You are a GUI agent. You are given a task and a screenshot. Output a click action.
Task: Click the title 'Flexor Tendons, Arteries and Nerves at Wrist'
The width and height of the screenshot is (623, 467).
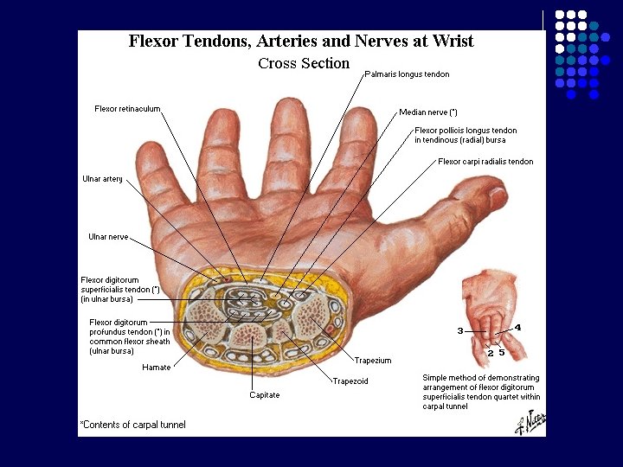click(301, 41)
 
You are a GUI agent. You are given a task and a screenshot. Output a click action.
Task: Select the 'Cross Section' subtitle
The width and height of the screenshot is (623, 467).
click(304, 63)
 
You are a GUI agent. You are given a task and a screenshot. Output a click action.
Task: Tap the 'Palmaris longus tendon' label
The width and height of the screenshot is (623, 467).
click(407, 74)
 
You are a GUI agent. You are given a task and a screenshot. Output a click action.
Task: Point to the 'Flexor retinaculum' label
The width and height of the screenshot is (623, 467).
click(127, 108)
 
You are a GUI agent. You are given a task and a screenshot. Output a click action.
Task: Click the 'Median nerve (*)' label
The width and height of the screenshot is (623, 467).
click(428, 112)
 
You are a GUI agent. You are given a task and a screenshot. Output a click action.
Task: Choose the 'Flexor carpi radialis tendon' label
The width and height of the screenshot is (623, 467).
click(485, 162)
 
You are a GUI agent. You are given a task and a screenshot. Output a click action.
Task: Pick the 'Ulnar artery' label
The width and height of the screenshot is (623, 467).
click(102, 179)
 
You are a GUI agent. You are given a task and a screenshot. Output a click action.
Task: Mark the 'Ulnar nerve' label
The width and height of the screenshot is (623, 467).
click(108, 236)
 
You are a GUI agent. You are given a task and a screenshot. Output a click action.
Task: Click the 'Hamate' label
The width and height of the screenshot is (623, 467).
click(156, 368)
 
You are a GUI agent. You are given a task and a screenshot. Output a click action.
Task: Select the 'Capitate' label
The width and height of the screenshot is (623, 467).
click(266, 395)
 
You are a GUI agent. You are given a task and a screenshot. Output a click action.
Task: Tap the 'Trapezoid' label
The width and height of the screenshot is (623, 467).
click(350, 381)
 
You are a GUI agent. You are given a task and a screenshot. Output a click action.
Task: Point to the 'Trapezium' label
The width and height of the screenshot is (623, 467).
click(373, 360)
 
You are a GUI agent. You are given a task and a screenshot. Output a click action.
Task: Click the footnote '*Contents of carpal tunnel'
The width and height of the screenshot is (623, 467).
click(132, 425)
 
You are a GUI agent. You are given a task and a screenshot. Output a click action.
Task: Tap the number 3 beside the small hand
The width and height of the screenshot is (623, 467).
click(460, 331)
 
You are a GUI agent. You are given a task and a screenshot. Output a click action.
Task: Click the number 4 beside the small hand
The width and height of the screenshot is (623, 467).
click(517, 327)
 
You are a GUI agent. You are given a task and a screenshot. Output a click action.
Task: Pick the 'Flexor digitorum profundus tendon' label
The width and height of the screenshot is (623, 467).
click(129, 336)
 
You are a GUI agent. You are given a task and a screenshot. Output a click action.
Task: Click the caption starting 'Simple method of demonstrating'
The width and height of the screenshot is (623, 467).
click(480, 392)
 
